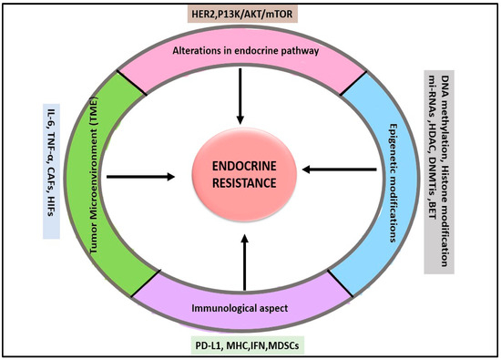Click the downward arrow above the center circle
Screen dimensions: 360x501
(240, 98)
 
